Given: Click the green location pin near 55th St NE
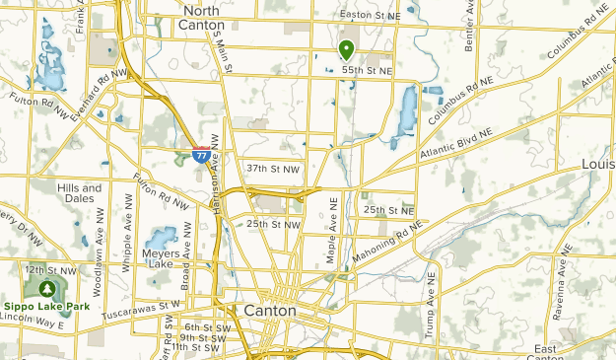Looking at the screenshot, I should tap(346, 49).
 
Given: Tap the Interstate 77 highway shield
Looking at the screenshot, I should tap(201, 154).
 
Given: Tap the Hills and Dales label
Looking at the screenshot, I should tap(79, 192).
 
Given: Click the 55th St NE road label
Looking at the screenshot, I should tap(367, 72).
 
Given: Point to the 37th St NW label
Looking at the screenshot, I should tap(272, 168).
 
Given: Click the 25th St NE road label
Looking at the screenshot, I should tap(388, 210).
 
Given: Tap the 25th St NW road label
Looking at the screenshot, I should tap(272, 225).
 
